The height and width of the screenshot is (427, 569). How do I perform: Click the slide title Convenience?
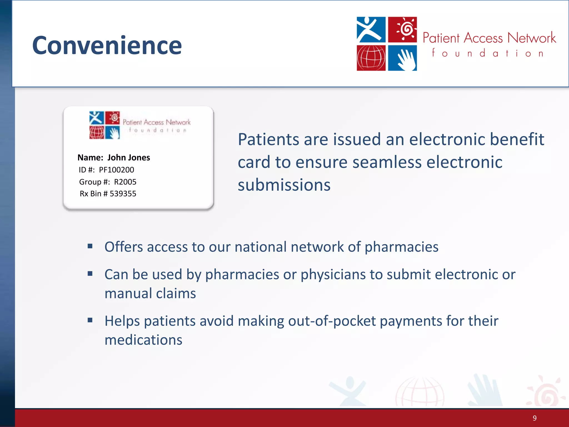pos(107,45)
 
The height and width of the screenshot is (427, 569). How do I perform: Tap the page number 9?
pos(535,418)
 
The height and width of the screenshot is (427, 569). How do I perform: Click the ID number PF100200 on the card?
pos(116,170)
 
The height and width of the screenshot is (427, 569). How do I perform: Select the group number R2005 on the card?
pos(125,182)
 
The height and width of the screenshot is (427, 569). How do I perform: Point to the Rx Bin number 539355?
pos(123,194)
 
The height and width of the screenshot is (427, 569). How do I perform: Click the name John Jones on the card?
pos(129,158)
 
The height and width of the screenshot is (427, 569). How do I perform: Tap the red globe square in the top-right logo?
pos(371,58)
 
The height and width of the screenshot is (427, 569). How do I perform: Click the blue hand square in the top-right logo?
pos(402,58)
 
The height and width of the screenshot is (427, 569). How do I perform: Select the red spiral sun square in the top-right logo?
pos(402,29)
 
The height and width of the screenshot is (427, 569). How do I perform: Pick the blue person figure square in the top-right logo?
pos(371,29)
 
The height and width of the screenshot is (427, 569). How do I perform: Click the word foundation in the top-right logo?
pos(488,53)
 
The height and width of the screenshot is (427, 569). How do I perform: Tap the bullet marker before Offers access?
pos(90,246)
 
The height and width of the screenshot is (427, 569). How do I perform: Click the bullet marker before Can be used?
pos(90,274)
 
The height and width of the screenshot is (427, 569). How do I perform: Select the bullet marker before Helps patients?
pos(90,320)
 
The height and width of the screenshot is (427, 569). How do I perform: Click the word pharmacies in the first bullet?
pos(401,247)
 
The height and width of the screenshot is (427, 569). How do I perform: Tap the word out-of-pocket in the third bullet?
pos(332,321)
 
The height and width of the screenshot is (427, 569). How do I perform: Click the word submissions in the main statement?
pos(284,185)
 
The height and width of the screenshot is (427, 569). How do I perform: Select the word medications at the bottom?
pos(143,340)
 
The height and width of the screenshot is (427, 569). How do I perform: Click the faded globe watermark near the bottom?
pos(420,392)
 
